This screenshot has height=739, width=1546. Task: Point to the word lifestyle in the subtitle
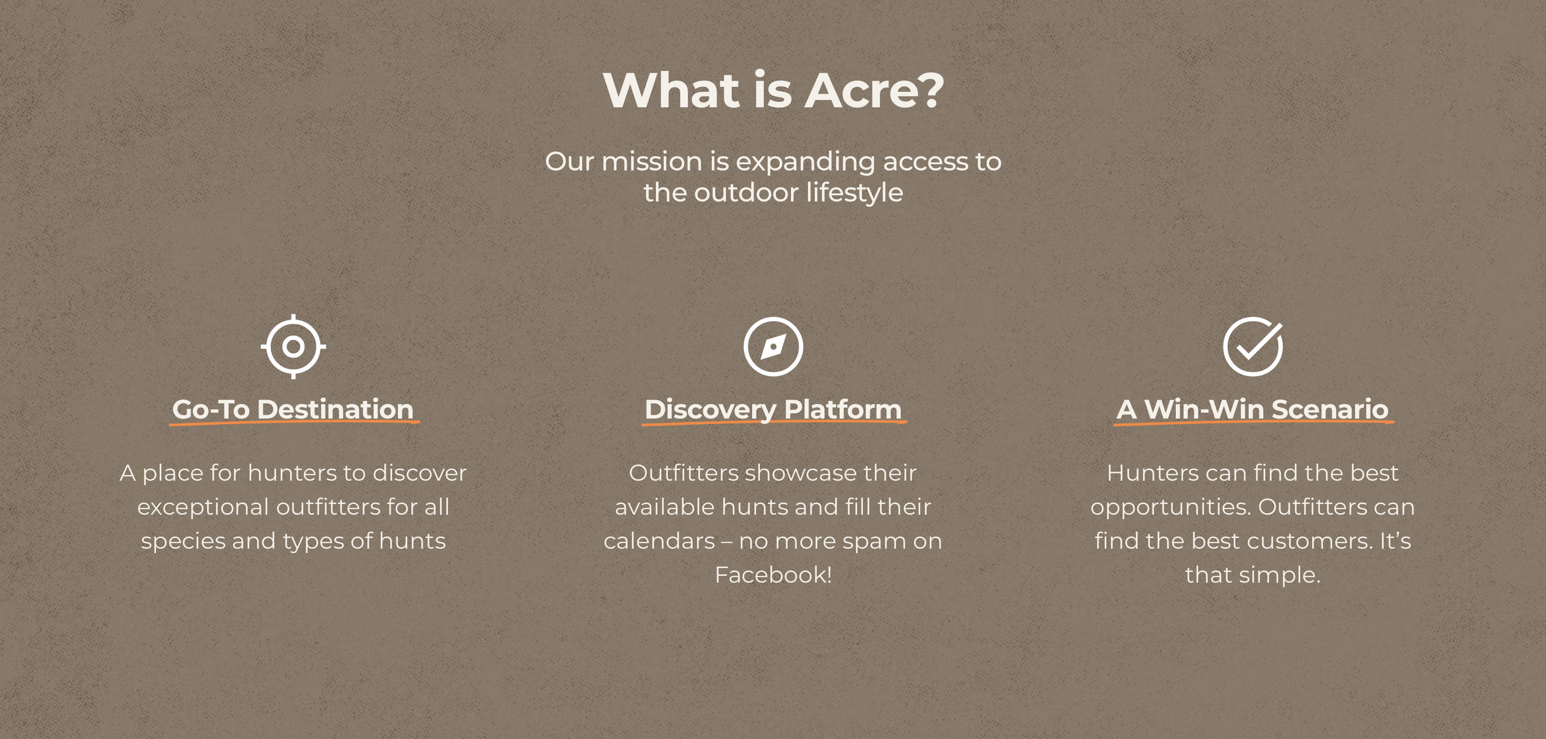coord(854,193)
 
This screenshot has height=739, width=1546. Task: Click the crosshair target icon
coord(293,347)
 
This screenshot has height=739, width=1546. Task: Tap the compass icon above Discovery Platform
coord(773,347)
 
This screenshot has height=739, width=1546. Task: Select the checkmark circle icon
coord(1253,347)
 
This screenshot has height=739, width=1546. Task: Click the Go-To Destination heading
coord(293,409)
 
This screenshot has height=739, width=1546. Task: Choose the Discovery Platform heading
coord(773,409)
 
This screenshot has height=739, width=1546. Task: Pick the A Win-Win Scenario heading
coord(1253,409)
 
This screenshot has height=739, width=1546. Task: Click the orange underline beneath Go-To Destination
coord(294,423)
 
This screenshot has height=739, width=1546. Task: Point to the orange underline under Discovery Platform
coord(773,423)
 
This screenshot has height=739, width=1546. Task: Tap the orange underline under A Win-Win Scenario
coord(1253,423)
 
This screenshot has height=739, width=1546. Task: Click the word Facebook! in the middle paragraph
coord(773,575)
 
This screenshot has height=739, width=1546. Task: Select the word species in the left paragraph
coord(183,542)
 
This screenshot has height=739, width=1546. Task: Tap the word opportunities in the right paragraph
coord(1170,507)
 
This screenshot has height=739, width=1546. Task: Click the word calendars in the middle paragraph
coord(659,542)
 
